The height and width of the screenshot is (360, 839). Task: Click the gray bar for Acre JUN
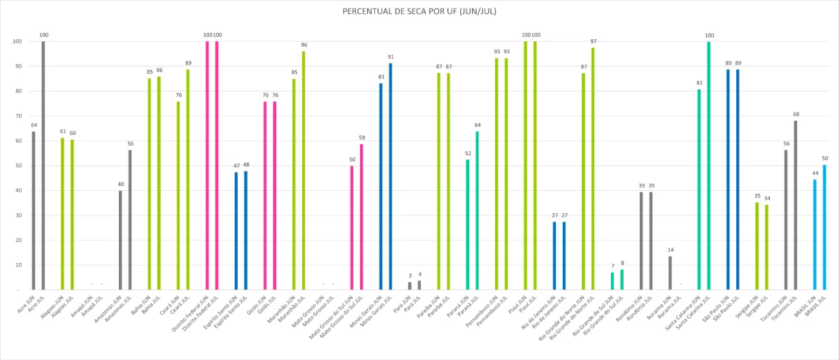click(33, 210)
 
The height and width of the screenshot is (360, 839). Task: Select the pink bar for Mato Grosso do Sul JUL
click(361, 217)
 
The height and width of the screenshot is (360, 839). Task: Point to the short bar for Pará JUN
click(410, 286)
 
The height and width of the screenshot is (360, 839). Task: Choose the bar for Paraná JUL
click(478, 210)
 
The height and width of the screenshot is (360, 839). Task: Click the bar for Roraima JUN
click(670, 273)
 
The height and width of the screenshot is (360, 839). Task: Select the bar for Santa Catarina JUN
click(699, 189)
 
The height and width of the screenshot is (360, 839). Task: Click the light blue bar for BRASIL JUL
click(824, 227)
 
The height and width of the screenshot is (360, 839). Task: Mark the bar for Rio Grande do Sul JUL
click(622, 280)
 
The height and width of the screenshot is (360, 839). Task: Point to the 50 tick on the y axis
click(16, 166)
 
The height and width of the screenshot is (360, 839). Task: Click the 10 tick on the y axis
click(16, 265)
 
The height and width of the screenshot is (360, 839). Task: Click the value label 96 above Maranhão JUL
click(303, 45)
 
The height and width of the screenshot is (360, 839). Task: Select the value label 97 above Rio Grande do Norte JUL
click(593, 41)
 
